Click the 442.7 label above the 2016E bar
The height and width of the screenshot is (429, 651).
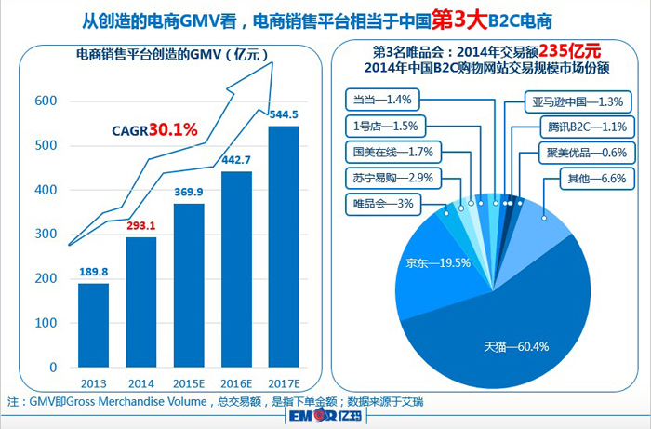(237, 160)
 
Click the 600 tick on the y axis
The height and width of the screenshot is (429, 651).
(46, 101)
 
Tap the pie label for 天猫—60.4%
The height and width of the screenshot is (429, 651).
(515, 347)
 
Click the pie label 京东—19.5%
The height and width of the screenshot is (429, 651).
(437, 263)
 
